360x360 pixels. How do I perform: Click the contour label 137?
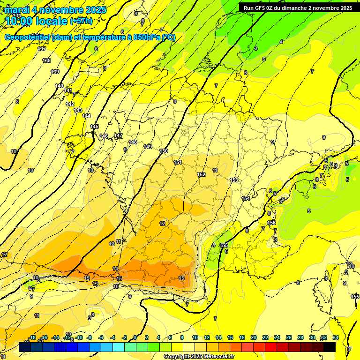pyautogui.click(x=42, y=49)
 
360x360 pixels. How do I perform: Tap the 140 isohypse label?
pyautogui.click(x=59, y=86)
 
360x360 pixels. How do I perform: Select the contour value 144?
pyautogui.click(x=86, y=116)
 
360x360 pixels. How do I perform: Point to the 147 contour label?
pyautogui.click(x=118, y=135)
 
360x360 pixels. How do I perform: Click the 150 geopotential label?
pyautogui.click(x=164, y=151)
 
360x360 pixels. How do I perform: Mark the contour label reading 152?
pyautogui.click(x=201, y=174)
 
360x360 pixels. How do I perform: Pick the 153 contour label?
pyautogui.click(x=234, y=180)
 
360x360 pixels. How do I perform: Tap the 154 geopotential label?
pyautogui.click(x=246, y=198)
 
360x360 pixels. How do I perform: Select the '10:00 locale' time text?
pyautogui.click(x=36, y=21)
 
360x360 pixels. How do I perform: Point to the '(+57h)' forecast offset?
pyautogui.click(x=81, y=21)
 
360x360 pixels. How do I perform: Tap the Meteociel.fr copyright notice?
pyautogui.click(x=198, y=357)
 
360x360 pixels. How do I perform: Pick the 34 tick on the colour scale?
pyautogui.click(x=335, y=337)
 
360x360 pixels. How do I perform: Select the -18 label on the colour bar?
pyautogui.click(x=32, y=337)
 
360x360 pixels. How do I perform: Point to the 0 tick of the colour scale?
pyautogui.click(x=135, y=337)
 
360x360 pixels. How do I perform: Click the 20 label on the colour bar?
pyautogui.click(x=254, y=337)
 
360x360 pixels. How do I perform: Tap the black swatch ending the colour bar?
pyautogui.click(x=330, y=347)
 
